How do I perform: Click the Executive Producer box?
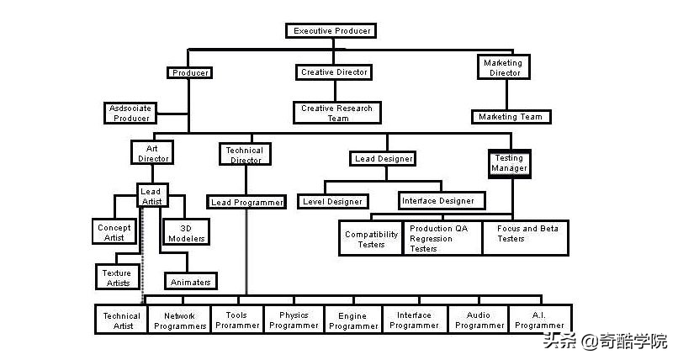pyautogui.click(x=331, y=30)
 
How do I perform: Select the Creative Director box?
pyautogui.click(x=334, y=72)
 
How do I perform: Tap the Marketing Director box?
pyautogui.click(x=504, y=67)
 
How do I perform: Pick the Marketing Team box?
pyautogui.click(x=511, y=117)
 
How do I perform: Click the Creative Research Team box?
pyautogui.click(x=336, y=113)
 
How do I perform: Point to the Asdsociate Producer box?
pyautogui.click(x=130, y=114)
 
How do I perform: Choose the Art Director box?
pyautogui.click(x=152, y=153)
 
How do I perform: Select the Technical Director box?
pyautogui.click(x=245, y=154)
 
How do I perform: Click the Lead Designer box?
pyautogui.click(x=383, y=159)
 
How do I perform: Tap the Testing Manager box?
pyautogui.click(x=510, y=164)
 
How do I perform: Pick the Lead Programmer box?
pyautogui.click(x=246, y=202)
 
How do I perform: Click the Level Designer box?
pyautogui.click(x=332, y=201)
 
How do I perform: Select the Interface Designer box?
pyautogui.click(x=442, y=201)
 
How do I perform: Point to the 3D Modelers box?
pyautogui.click(x=187, y=232)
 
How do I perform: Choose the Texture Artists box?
pyautogui.click(x=118, y=277)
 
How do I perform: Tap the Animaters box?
pyautogui.click(x=191, y=281)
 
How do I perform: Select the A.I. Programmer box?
pyautogui.click(x=540, y=320)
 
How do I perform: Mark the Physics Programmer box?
pyautogui.click(x=294, y=320)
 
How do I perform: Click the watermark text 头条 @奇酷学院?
pyautogui.click(x=606, y=341)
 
